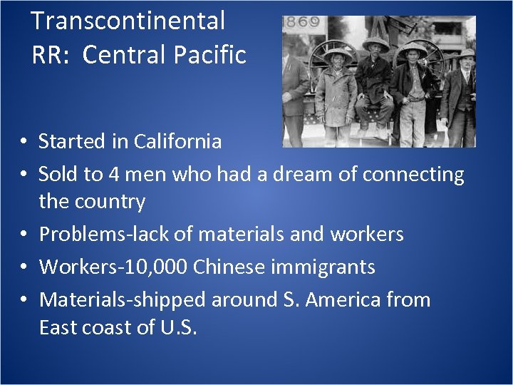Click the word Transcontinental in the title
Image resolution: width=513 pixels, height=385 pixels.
[128, 21]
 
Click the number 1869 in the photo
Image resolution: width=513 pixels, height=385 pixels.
[301, 22]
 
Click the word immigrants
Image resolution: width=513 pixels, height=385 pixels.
[329, 267]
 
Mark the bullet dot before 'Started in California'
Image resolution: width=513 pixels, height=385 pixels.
[24, 142]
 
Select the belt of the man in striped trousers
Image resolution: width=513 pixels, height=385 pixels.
[413, 100]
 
